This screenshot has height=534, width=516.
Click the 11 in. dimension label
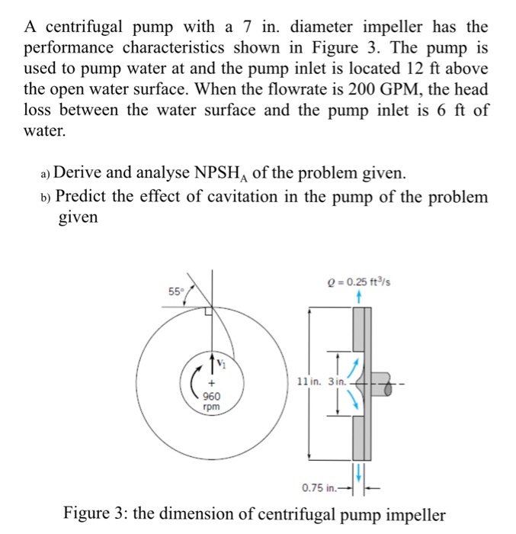click(307, 380)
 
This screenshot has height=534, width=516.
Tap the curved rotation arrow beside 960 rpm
click(191, 382)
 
